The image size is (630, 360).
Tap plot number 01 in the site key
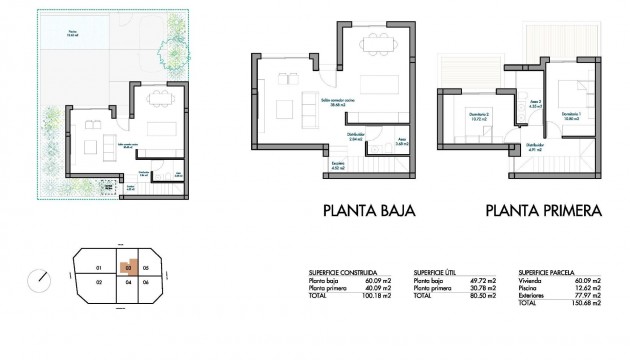(98, 268)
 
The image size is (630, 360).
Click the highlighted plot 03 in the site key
(128, 267)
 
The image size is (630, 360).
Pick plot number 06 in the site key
(146, 283)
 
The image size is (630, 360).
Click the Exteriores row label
(531, 295)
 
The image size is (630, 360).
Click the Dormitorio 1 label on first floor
(570, 113)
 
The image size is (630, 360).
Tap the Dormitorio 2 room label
(478, 114)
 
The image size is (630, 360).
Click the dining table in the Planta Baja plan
(376, 43)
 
